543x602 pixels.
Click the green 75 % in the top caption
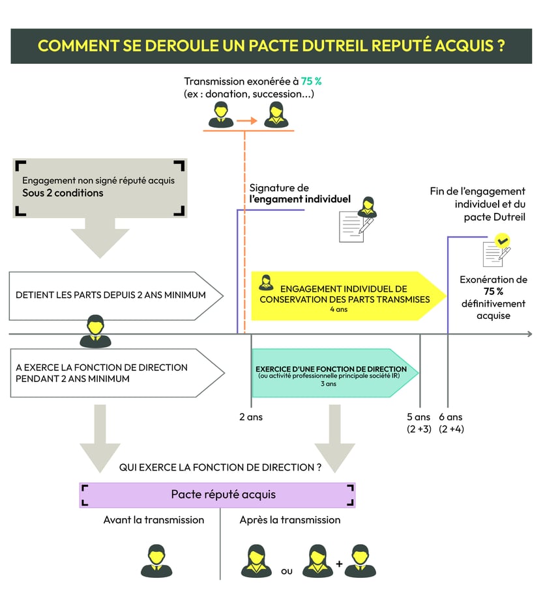311,81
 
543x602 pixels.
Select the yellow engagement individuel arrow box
345,295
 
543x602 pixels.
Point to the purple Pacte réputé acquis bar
217,495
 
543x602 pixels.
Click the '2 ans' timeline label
251,417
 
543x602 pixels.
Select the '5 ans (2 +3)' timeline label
418,422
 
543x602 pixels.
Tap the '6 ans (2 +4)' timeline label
451,422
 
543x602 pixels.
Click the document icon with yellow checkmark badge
495,251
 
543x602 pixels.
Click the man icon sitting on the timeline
95,331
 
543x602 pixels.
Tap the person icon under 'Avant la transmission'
156,560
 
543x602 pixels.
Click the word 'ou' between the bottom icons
286,571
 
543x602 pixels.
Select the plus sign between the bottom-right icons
339,563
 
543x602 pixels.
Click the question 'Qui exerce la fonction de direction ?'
220,467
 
